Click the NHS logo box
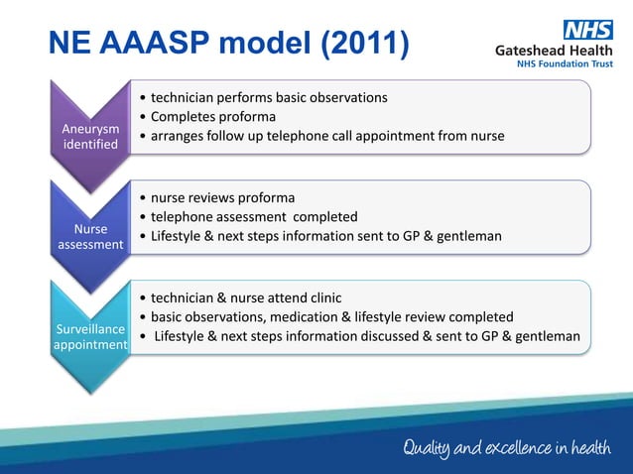588,31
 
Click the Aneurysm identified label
91,137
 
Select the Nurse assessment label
91,235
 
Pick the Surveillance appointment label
91,336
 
